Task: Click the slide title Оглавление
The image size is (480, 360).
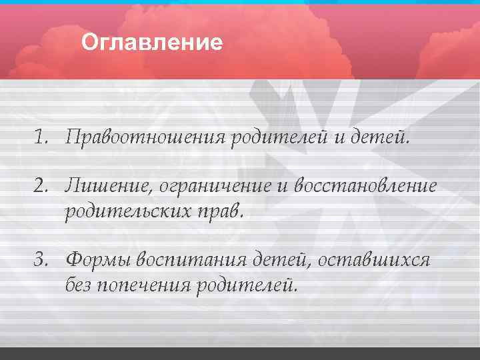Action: [x=152, y=43]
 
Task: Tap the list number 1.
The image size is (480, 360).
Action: [x=42, y=137]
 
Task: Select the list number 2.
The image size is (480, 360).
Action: [x=42, y=186]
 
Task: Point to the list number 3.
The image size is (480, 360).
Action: [x=42, y=259]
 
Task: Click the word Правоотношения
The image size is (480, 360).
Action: [x=147, y=138]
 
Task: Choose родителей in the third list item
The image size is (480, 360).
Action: [x=245, y=285]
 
